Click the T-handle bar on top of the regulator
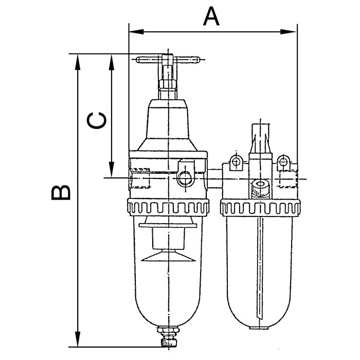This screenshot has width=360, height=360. tap(167, 59)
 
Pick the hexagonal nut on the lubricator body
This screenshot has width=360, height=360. tap(260, 187)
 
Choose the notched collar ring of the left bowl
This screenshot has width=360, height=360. tap(168, 208)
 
